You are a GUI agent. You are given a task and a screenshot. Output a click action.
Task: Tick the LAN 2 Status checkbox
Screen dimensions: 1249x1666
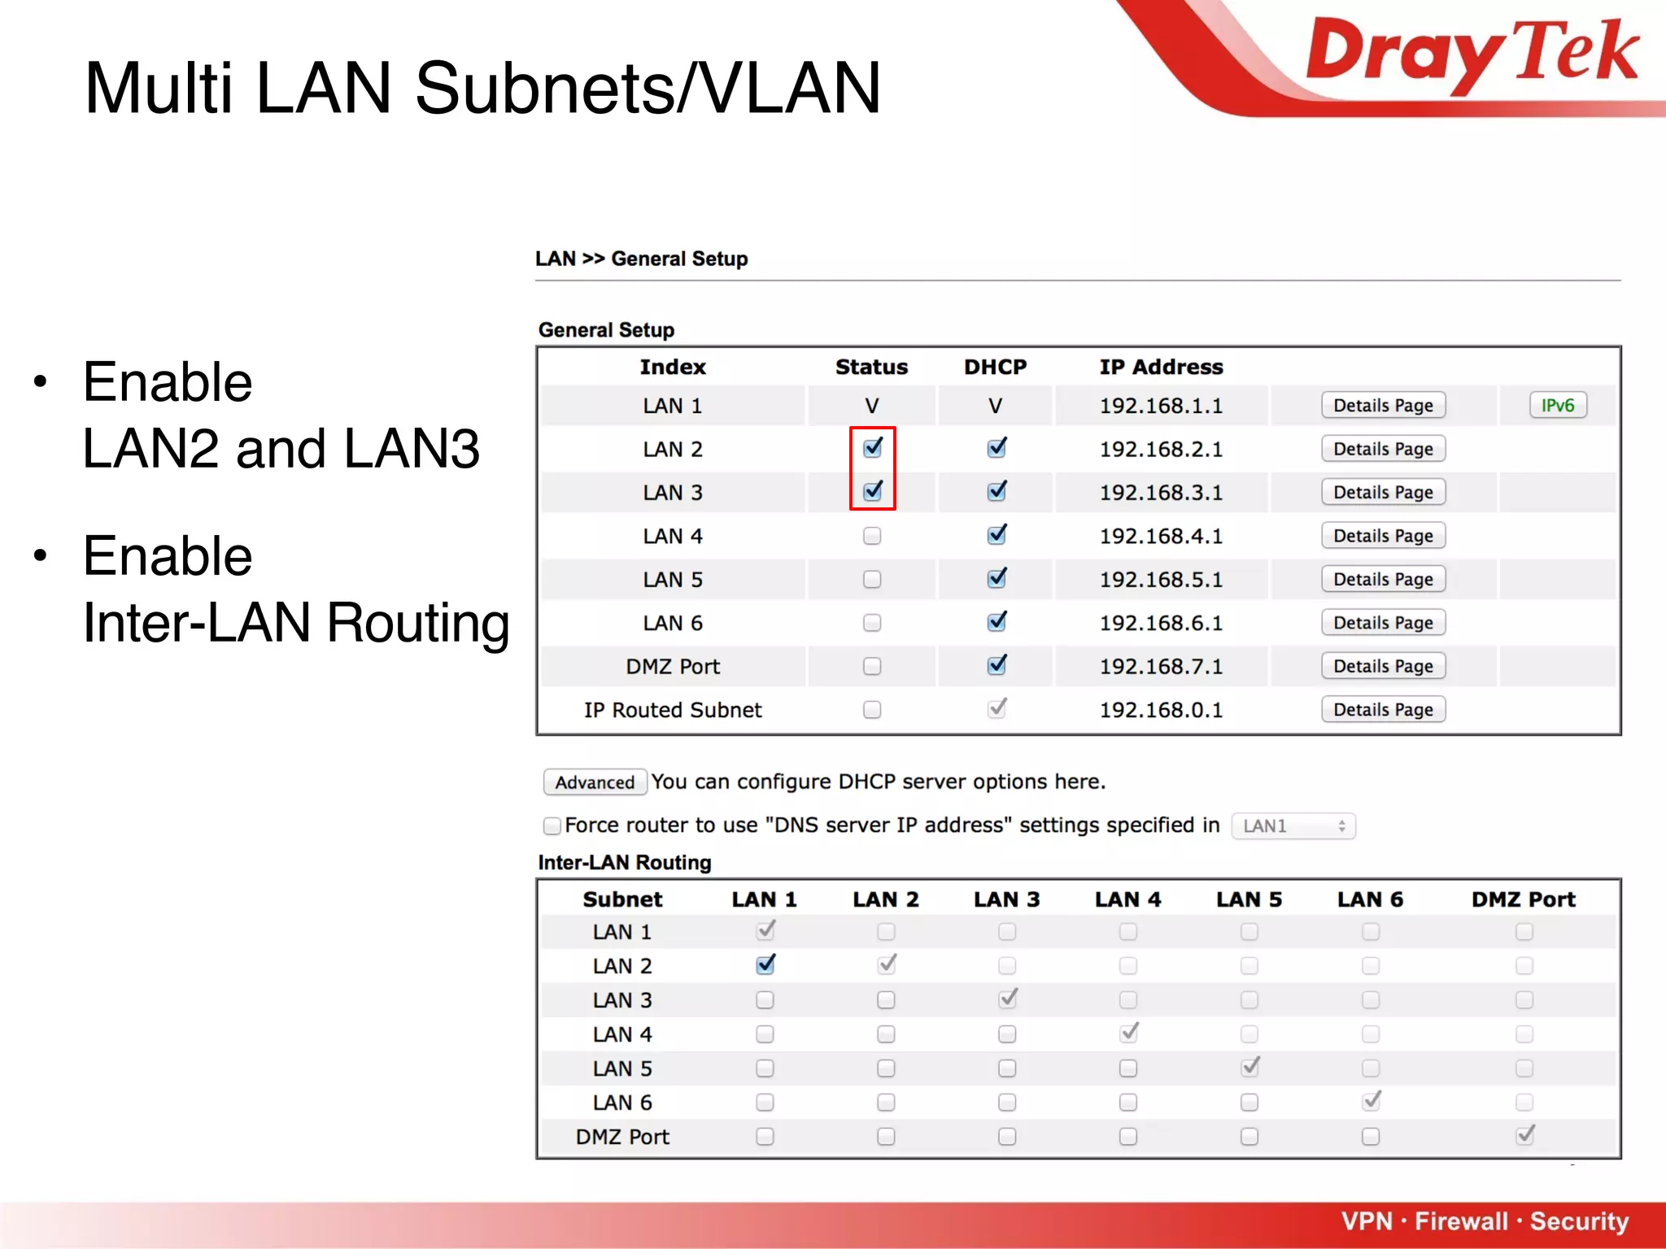pos(872,448)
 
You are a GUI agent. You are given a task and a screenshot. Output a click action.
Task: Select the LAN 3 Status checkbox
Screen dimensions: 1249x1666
pos(872,491)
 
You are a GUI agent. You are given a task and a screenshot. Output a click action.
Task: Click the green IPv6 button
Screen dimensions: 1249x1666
pos(1557,405)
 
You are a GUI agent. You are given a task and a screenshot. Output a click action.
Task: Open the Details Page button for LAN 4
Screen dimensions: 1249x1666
pos(1382,536)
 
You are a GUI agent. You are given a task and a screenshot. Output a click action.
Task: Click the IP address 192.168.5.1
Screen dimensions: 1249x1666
pos(1161,580)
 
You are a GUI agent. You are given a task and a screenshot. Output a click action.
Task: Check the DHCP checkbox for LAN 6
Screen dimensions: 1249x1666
pos(996,623)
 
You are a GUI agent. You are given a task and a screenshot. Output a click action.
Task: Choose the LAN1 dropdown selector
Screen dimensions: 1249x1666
pos(1293,826)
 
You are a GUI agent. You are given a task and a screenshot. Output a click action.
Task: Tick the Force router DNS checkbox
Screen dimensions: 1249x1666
pos(552,826)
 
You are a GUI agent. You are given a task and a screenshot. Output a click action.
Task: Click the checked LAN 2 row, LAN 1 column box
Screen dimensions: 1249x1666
pos(765,965)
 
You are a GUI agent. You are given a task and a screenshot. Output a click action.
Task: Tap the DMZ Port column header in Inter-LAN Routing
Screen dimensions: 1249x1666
pos(1523,899)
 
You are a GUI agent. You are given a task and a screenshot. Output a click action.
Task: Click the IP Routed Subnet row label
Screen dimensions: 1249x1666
pos(673,710)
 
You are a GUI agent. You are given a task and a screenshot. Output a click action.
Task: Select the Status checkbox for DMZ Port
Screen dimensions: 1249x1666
pos(872,667)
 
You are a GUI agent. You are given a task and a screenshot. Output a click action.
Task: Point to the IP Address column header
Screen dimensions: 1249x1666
pos(1161,367)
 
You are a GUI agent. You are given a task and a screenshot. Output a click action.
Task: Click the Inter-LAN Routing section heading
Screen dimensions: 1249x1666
pos(625,863)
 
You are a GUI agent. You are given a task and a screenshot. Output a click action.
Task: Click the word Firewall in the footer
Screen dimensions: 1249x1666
pos(1460,1221)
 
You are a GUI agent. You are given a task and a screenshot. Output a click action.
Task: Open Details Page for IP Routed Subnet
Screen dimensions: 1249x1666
pos(1382,710)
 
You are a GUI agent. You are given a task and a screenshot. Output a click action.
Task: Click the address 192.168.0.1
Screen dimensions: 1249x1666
pos(1161,710)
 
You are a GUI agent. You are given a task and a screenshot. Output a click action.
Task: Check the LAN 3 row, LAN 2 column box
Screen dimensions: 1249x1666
pos(886,1000)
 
